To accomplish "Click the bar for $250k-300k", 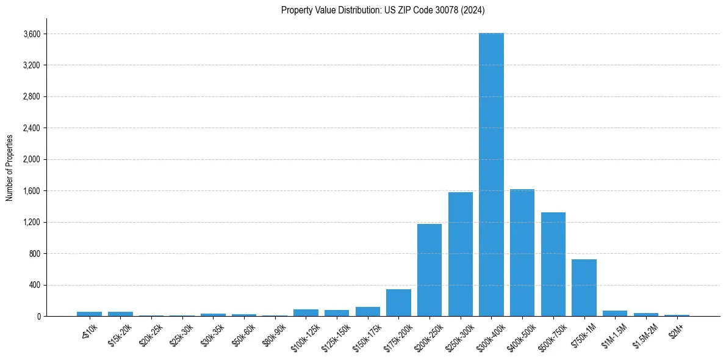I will click(x=460, y=254).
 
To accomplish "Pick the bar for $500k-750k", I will click(x=553, y=264).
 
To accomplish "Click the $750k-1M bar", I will click(x=584, y=288).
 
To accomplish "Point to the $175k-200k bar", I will click(x=398, y=303).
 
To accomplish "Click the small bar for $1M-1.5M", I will click(x=615, y=314).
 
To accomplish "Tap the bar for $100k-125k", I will click(x=306, y=313).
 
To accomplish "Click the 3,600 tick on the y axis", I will click(x=31, y=34).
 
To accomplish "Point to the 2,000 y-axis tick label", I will click(x=31, y=160).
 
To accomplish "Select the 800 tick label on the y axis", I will click(x=35, y=254).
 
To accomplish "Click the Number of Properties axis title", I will click(x=9, y=167).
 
